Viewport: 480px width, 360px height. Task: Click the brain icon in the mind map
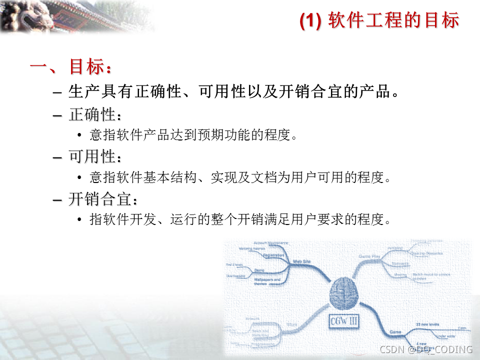[x=345, y=291]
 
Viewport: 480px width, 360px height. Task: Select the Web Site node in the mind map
[x=301, y=261]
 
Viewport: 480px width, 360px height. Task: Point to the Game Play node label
[x=370, y=256]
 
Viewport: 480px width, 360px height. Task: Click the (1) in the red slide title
[x=309, y=21]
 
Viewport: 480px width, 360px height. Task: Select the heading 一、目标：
[x=70, y=67]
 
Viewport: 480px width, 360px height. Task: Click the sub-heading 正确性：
[x=95, y=114]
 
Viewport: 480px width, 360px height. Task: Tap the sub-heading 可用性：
[x=95, y=157]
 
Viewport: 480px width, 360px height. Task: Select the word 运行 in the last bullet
[x=181, y=220]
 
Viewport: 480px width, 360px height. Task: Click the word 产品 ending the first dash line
[x=375, y=92]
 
